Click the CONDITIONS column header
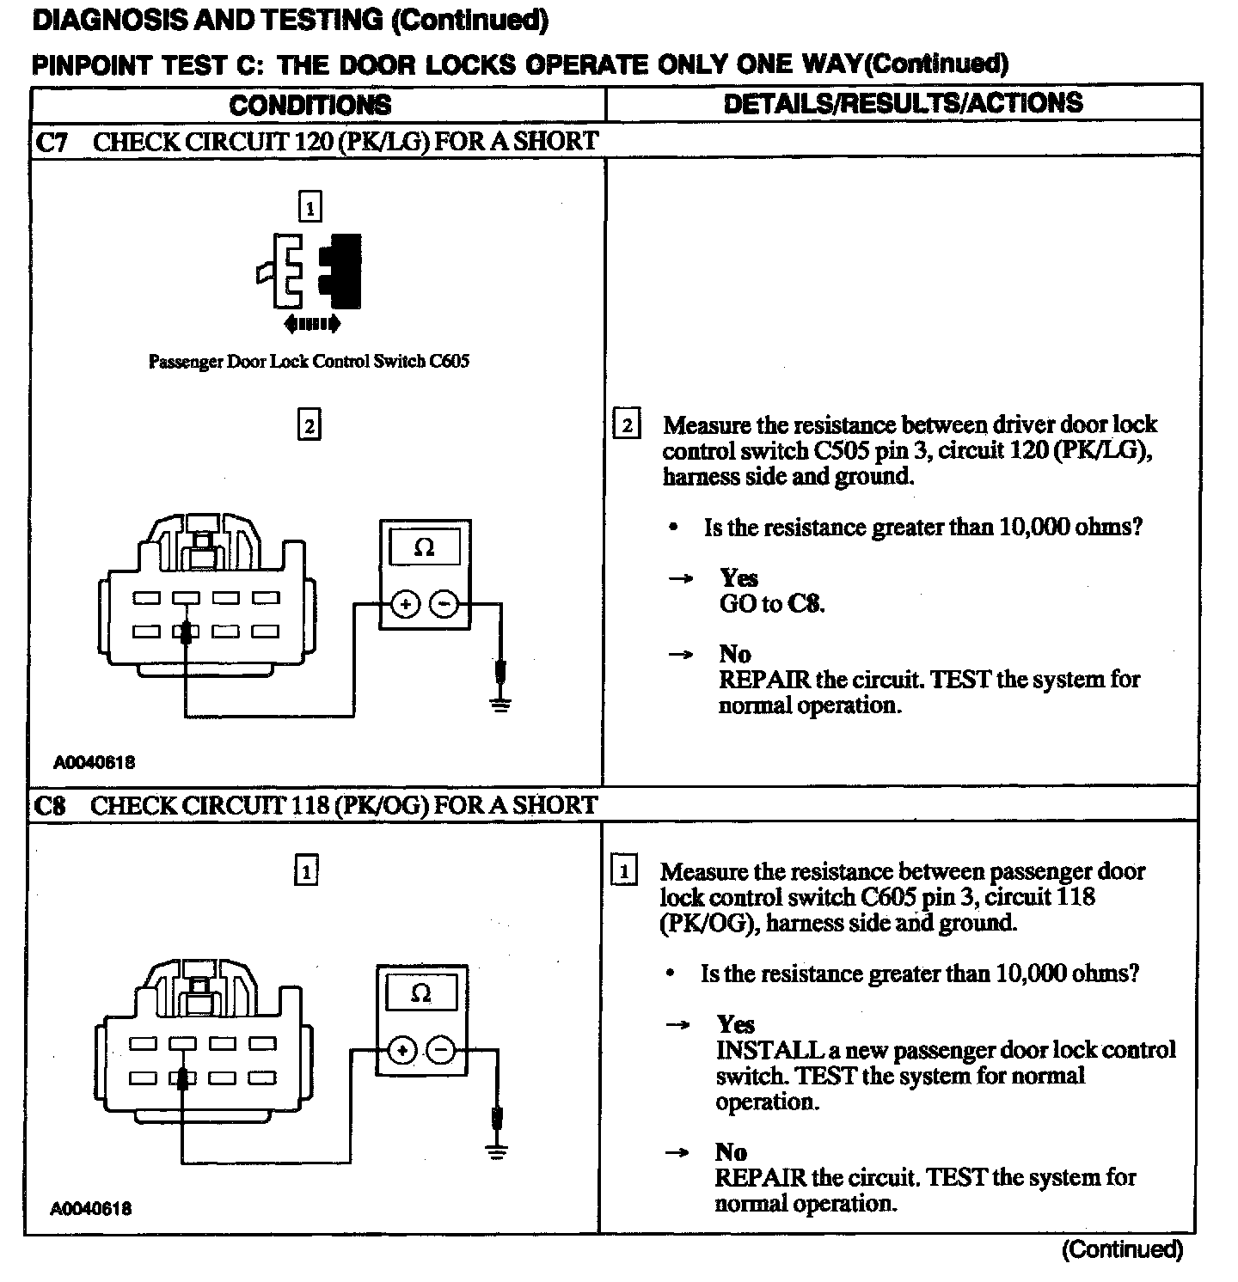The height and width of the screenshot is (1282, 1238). pos(309,105)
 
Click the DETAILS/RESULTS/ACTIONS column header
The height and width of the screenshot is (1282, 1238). pos(903,103)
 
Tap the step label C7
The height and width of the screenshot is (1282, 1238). pos(52,142)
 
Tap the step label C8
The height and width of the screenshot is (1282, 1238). pos(50,806)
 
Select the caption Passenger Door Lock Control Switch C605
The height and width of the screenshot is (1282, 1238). pos(309,362)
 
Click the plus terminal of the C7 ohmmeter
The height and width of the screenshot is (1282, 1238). pos(405,605)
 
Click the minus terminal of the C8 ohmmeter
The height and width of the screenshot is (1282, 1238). pos(440,1050)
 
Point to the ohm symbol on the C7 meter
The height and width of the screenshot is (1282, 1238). pos(425,547)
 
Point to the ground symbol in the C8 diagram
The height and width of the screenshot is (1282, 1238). pos(496,1151)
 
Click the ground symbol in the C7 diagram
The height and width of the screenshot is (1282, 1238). pos(500,705)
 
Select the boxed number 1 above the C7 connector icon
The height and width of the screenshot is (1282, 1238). pos(309,207)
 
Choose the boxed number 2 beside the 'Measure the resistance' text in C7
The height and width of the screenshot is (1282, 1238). pos(626,425)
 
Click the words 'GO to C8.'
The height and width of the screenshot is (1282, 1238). pos(771,604)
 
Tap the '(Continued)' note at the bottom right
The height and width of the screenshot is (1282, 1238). pos(1122,1248)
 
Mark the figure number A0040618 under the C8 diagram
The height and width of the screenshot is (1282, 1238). pos(91,1209)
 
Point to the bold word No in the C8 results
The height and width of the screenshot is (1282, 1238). pos(731,1151)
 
